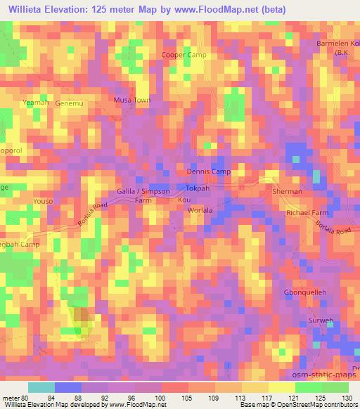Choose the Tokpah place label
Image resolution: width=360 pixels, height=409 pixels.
(199, 188)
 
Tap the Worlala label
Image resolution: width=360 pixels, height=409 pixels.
(201, 210)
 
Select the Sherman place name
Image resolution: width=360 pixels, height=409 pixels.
(287, 192)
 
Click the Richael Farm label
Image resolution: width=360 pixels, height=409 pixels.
(307, 212)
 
